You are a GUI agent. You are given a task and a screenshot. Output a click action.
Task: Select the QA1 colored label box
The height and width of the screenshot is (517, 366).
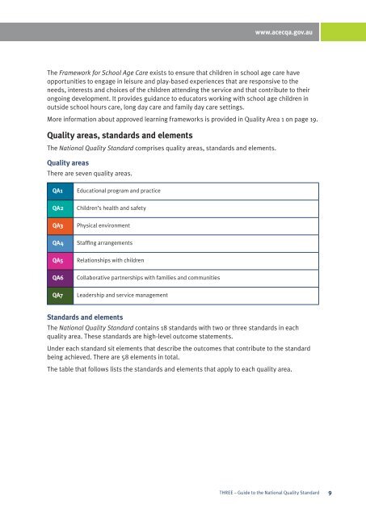[x=58, y=191]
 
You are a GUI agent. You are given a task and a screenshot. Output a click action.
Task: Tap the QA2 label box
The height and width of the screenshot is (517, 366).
[x=58, y=208]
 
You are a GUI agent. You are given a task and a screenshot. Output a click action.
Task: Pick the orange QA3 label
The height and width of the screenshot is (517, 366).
[x=58, y=225]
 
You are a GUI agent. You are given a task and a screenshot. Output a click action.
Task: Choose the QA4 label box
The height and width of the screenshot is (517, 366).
[x=58, y=243]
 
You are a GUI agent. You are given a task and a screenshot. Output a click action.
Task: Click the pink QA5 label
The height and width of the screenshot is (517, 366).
[x=58, y=261]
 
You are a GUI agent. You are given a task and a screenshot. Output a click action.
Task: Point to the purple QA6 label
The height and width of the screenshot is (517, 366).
[x=58, y=278]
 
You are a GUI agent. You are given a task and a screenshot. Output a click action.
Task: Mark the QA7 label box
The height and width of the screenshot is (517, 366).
[x=58, y=296]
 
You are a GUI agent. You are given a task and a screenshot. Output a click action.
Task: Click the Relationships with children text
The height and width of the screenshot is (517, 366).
[x=110, y=261]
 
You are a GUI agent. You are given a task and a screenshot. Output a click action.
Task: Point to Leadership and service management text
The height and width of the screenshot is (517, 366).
[x=122, y=296]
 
